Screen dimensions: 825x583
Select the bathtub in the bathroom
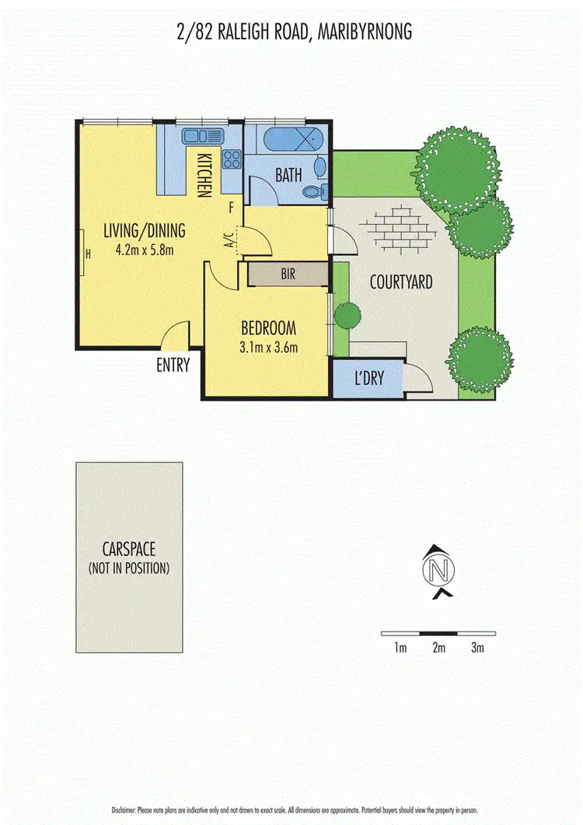pos(288,143)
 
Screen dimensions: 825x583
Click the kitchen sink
pos(203,137)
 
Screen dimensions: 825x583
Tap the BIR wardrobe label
pos(288,274)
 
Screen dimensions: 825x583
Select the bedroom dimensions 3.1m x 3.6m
pos(270,347)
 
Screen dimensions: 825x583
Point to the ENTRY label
pos(173,365)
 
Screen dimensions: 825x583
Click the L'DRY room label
pos(369,380)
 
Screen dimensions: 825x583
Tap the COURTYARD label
pos(401,282)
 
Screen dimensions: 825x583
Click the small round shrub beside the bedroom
pos(347,315)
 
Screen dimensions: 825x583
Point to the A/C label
pos(229,243)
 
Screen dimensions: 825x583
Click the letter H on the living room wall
pos(88,253)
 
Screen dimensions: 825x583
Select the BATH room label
pos(288,175)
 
